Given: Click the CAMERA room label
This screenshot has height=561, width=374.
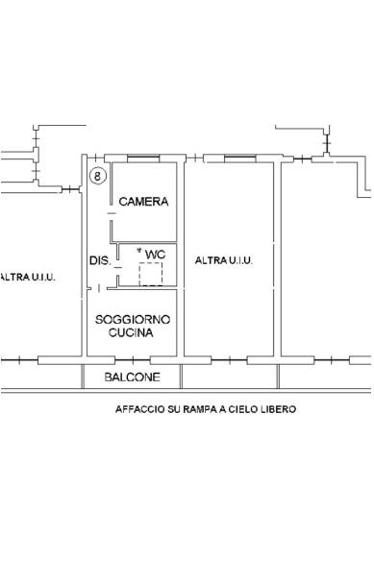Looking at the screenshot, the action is pos(143,202).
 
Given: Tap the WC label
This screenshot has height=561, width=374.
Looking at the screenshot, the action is pos(155,255).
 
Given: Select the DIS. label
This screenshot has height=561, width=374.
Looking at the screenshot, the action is pos(100,260).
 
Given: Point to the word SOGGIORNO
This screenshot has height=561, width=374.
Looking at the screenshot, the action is pos(132,320).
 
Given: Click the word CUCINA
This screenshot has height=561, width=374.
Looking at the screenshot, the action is pos(131,332).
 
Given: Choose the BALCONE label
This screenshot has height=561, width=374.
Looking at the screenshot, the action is pos(132,378).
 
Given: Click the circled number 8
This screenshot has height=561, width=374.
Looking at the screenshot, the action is pos(98,176).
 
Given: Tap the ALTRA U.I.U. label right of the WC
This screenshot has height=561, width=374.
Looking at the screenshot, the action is pos(224,260).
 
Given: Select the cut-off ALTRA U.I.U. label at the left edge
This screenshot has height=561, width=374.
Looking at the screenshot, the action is pos(28,277).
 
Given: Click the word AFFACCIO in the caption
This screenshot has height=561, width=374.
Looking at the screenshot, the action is pos(139,409).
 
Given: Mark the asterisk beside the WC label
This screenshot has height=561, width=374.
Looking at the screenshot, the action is pos(139,251).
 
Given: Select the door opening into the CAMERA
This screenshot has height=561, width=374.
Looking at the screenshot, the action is pos(112,213).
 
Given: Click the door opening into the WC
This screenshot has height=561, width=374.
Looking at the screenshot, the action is pos(117,267).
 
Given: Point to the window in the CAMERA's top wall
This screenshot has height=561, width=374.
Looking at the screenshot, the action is pos(143,158).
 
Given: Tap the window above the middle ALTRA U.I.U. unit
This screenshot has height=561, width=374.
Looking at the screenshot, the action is pos(240,158).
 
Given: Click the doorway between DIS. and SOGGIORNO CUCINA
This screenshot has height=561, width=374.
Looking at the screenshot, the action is pos(97,288).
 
